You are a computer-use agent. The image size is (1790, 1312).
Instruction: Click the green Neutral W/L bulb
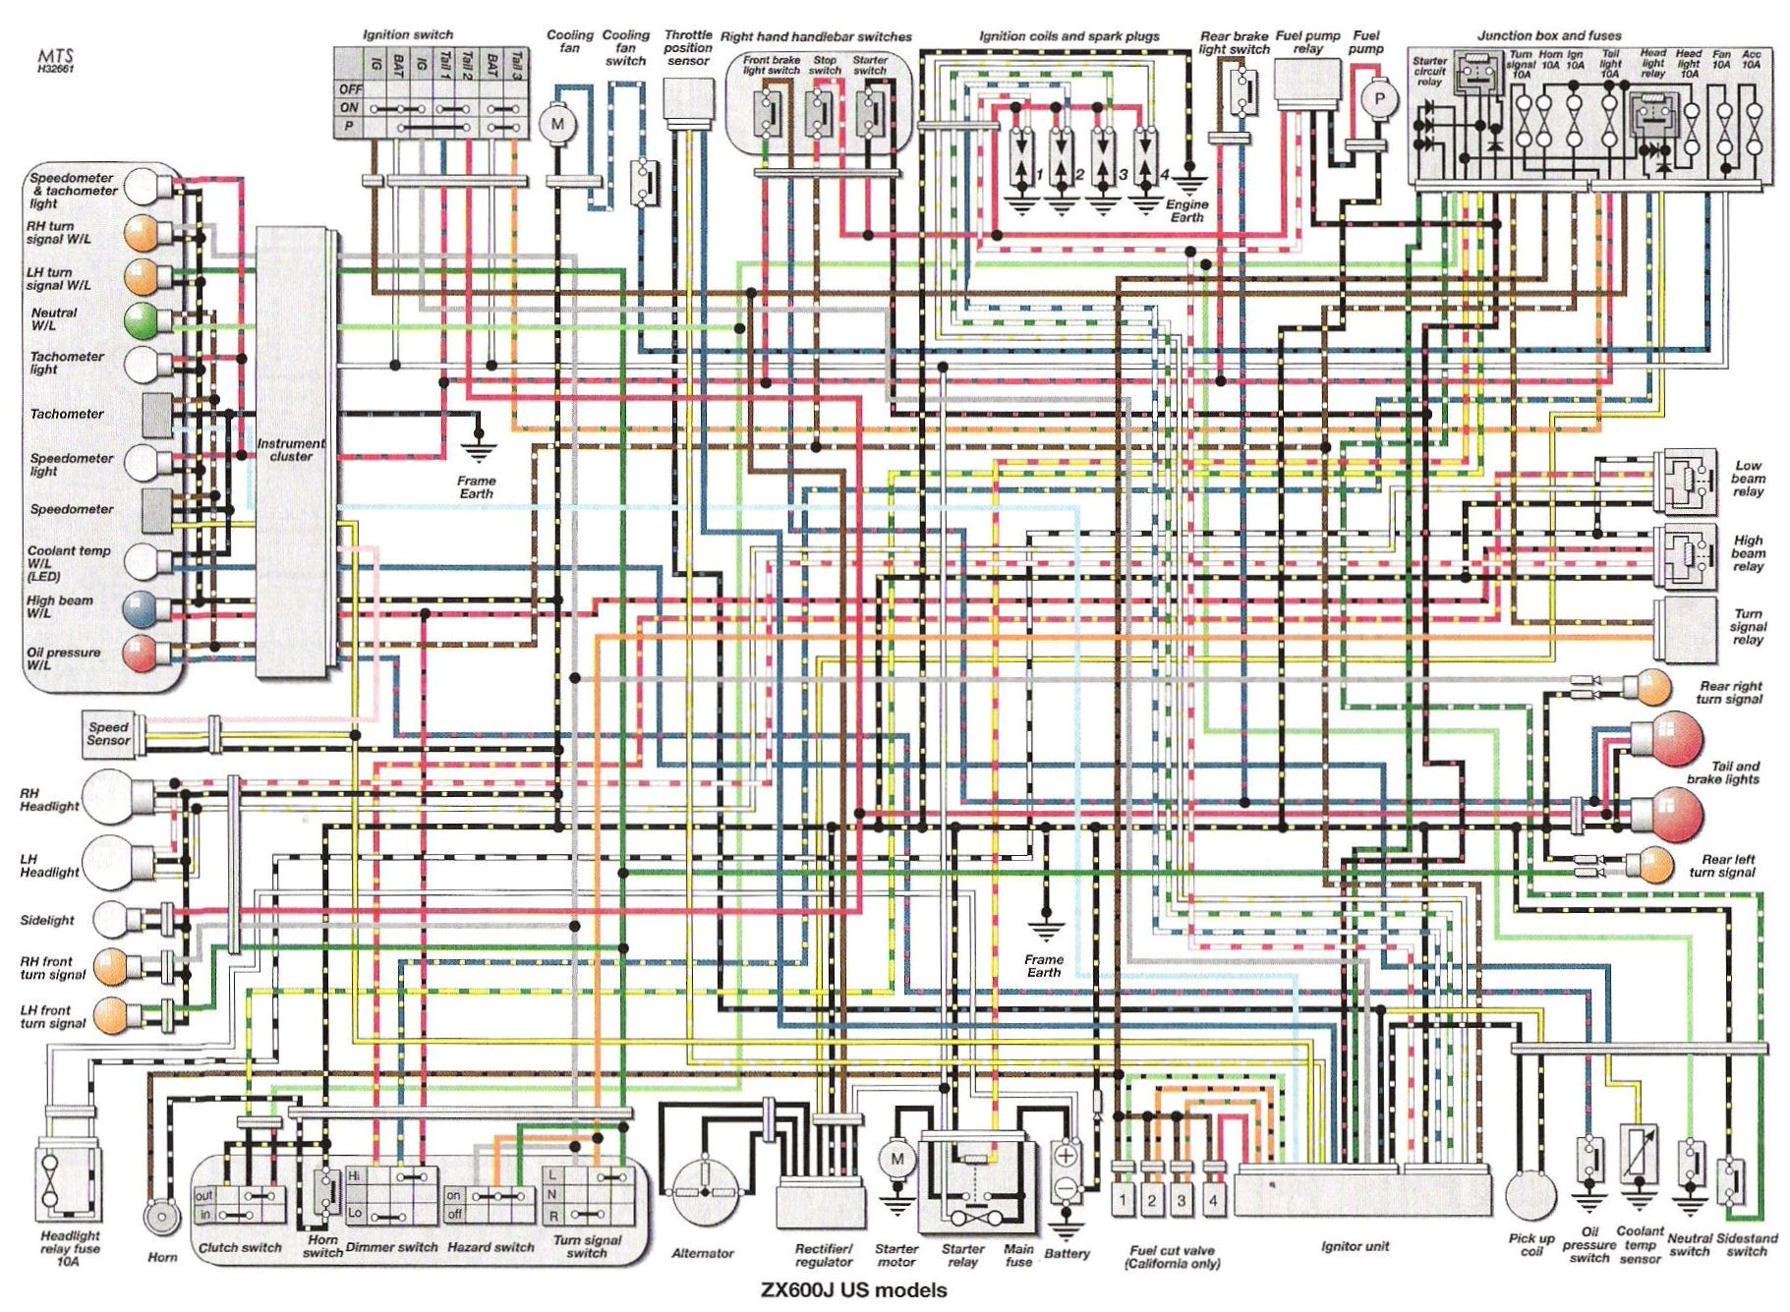142,320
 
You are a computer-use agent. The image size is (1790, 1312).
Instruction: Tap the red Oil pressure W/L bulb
141,654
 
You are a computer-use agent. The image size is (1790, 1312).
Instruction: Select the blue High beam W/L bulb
141,608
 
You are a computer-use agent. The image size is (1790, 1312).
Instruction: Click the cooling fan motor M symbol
557,124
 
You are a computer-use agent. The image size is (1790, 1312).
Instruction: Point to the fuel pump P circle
1379,99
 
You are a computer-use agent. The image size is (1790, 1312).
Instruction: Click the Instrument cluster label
291,450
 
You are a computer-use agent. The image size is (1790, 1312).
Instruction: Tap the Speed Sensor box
108,733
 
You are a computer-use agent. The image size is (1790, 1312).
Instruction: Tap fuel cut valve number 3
1182,1200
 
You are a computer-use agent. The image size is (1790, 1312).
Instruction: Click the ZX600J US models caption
854,1290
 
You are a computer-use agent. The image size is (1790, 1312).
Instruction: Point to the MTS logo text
56,56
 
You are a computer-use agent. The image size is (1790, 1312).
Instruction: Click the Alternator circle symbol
704,1191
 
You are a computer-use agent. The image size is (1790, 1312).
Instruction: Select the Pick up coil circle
1530,1195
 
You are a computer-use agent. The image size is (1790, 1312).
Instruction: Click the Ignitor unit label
1355,1246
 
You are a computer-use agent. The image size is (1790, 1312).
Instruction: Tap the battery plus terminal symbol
1066,1157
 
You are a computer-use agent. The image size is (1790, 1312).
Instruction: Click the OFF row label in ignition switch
350,88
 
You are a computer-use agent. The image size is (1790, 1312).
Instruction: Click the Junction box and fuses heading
1549,35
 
